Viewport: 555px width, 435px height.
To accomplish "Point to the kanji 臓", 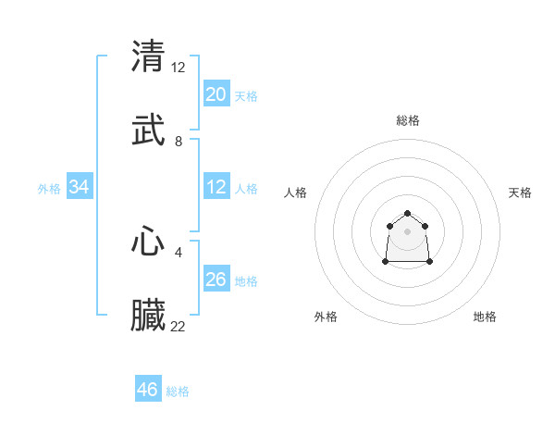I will (x=149, y=316).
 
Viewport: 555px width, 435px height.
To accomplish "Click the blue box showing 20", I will (x=216, y=94).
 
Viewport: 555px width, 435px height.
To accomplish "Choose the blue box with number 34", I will (x=80, y=188).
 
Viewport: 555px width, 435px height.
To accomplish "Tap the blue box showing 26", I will (x=216, y=280).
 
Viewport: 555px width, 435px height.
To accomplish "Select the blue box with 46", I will (x=148, y=390).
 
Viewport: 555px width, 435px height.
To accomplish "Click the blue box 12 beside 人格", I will (x=216, y=187).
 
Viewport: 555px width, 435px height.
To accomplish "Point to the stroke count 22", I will (x=179, y=326).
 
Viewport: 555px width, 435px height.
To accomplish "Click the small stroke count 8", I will (x=179, y=142).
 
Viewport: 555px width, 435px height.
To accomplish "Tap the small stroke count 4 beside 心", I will (x=179, y=252).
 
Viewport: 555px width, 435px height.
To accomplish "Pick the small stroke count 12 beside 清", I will (x=179, y=67).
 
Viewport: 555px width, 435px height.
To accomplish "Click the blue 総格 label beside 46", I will (x=178, y=391).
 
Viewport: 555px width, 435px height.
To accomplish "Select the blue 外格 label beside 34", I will (x=49, y=189).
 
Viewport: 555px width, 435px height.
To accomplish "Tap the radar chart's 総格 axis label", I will (x=408, y=120).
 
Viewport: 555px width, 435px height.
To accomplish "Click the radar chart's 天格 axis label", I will (x=520, y=193).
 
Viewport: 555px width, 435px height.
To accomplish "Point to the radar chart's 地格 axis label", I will (x=485, y=317).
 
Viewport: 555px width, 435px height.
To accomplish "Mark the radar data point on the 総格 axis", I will (x=408, y=214).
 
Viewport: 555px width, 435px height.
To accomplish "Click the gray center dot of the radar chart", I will (x=408, y=231).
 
